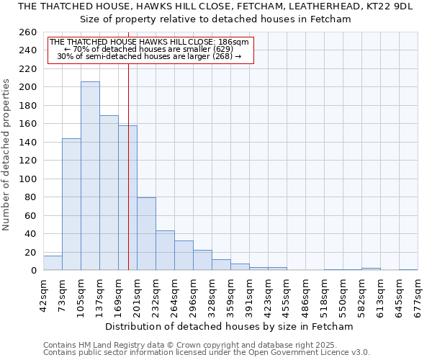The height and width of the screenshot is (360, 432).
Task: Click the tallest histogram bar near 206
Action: click(x=90, y=176)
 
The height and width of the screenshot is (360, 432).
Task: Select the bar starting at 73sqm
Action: click(x=71, y=204)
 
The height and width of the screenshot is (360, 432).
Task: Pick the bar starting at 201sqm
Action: click(x=146, y=234)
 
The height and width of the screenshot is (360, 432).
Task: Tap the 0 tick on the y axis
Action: click(x=33, y=271)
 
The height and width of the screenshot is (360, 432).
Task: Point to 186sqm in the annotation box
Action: click(x=234, y=42)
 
